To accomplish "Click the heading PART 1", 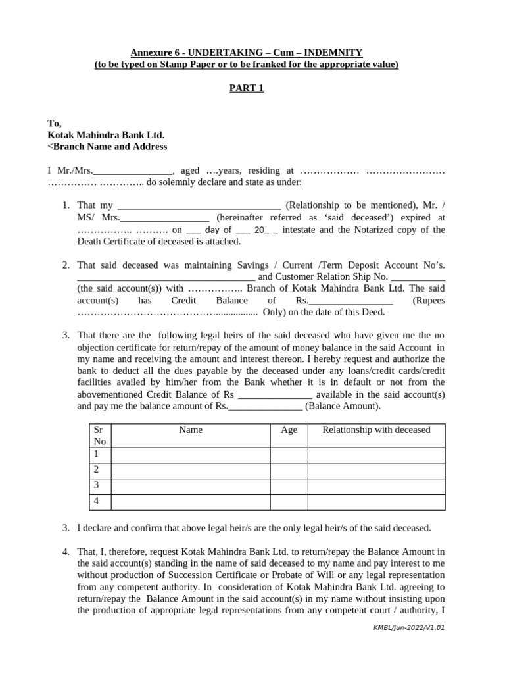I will (x=246, y=89).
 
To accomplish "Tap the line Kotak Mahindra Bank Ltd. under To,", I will (x=106, y=135).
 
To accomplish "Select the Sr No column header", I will (x=100, y=435).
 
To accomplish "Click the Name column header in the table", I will (x=191, y=430).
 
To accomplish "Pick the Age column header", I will (x=289, y=430).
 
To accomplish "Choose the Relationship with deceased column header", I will (x=376, y=430).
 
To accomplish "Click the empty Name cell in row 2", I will (x=191, y=469).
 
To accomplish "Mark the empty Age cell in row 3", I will (x=289, y=485).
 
